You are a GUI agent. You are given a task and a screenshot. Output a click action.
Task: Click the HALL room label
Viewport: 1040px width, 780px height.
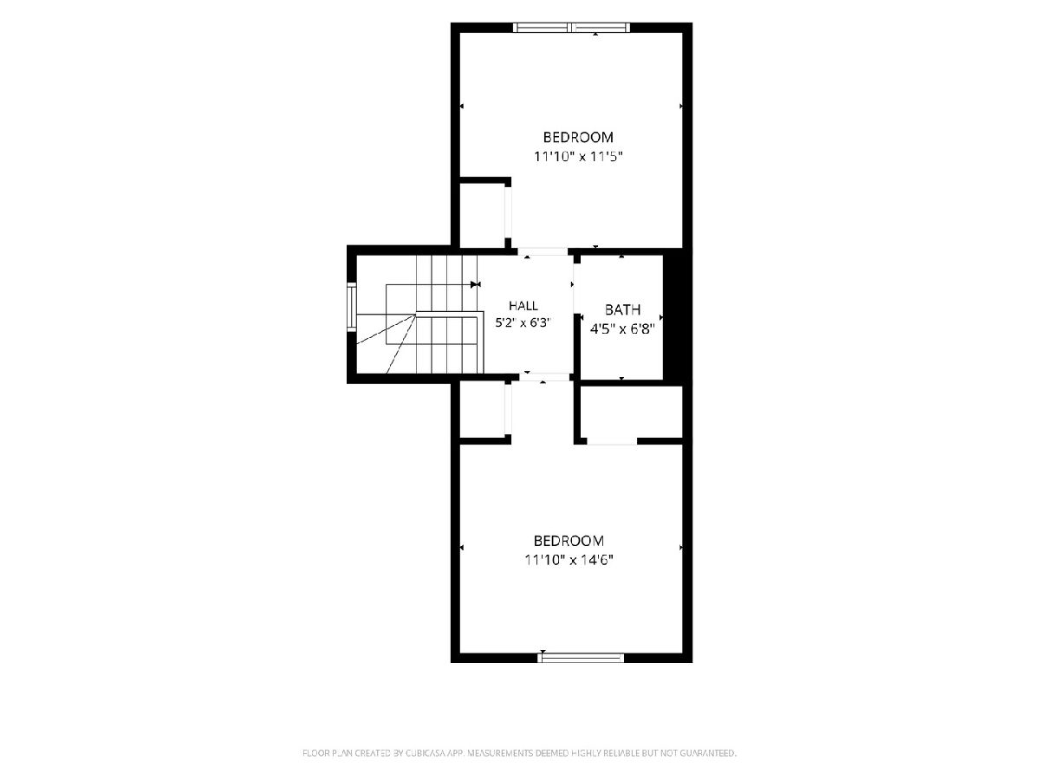pos(523,305)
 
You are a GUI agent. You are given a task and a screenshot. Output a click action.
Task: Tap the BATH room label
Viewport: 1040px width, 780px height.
pos(622,309)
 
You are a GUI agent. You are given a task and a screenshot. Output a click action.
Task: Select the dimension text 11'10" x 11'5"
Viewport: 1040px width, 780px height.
pos(578,156)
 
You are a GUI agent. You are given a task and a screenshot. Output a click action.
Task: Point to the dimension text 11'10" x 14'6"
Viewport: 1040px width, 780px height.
pos(569,560)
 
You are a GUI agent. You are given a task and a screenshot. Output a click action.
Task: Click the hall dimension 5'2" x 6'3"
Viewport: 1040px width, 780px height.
pos(523,323)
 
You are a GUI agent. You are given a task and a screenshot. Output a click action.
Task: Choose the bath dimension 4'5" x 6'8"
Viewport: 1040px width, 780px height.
pos(622,328)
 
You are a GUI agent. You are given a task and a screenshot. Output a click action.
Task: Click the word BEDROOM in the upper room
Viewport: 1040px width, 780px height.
pos(578,137)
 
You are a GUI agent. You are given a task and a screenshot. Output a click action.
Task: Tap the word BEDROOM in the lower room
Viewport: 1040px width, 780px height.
pos(569,541)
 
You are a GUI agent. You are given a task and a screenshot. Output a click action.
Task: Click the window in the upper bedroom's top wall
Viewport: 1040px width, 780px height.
pos(571,28)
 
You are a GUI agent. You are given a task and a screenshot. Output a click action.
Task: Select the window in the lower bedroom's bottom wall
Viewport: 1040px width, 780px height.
pos(581,657)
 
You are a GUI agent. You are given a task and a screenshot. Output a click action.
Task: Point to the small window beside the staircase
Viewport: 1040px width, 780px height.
pos(352,307)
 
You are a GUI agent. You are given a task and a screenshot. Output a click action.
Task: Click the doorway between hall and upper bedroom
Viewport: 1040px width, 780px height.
pos(543,251)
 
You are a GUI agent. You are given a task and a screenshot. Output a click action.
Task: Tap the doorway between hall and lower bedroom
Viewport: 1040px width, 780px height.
pos(544,377)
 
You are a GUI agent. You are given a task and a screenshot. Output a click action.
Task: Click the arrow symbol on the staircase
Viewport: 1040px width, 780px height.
pos(476,284)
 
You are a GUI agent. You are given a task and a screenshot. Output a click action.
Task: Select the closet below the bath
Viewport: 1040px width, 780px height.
pos(632,412)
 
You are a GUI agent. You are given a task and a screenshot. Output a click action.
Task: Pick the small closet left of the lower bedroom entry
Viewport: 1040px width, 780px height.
pos(483,410)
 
